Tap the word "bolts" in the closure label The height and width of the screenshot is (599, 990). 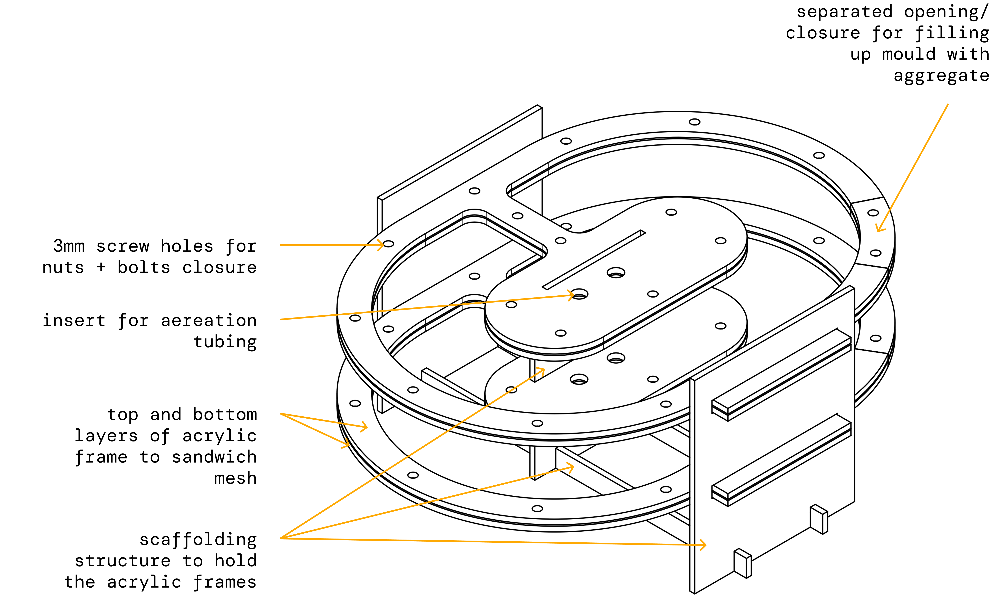pos(144,267)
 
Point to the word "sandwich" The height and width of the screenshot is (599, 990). pos(214,457)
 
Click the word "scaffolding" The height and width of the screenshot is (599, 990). pos(198,540)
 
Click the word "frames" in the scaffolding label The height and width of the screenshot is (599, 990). pos(225,582)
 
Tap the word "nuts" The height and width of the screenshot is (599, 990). pos(63,267)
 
